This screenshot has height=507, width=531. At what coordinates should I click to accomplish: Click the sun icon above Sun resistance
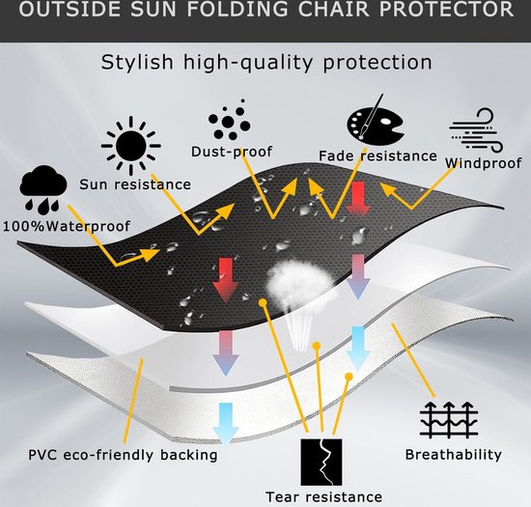(x=130, y=146)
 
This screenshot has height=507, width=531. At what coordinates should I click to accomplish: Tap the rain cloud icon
(x=43, y=189)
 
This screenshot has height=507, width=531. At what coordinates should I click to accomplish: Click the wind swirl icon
(x=476, y=130)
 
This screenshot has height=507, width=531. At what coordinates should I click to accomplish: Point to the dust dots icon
(x=229, y=120)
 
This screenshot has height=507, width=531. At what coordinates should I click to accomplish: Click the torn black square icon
(x=321, y=462)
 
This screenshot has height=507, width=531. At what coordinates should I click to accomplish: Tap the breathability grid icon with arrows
(x=449, y=420)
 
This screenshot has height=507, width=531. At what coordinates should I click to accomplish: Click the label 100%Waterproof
(x=67, y=226)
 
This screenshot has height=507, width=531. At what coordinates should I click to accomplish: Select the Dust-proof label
(x=232, y=152)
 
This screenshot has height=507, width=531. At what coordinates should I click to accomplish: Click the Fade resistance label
(x=377, y=156)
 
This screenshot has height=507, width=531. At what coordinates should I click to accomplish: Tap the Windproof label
(x=484, y=163)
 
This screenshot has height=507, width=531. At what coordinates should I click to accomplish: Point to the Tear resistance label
(x=324, y=496)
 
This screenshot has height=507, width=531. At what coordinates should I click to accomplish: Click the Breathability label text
(x=454, y=455)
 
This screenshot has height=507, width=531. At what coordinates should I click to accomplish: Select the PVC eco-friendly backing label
(x=123, y=455)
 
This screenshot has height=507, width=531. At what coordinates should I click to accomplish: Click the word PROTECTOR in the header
(x=446, y=9)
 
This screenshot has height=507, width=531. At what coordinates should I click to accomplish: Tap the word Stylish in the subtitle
(x=137, y=63)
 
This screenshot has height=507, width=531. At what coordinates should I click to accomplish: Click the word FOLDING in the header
(x=238, y=9)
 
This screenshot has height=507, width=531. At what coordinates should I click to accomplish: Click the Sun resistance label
(x=135, y=184)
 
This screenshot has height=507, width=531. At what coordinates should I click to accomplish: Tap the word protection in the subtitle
(x=377, y=63)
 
